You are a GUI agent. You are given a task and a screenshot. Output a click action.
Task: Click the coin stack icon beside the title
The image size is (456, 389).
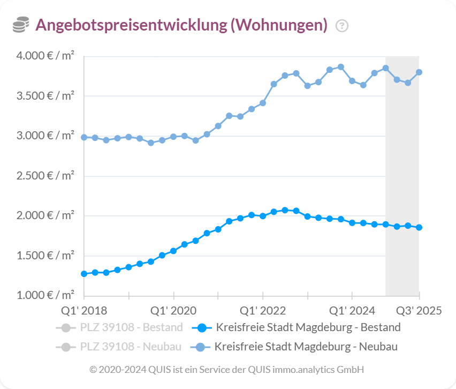click(21, 25)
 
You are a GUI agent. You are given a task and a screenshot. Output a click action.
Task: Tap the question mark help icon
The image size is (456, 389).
click(341, 26)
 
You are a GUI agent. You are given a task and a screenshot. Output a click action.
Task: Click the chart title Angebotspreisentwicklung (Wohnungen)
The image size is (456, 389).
click(181, 25)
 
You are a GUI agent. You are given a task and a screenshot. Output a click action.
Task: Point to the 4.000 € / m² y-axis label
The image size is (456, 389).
click(45, 56)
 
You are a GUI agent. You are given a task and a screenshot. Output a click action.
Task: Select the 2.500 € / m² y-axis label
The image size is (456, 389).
click(45, 175)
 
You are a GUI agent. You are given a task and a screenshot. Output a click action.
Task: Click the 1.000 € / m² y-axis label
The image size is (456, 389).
click(45, 295)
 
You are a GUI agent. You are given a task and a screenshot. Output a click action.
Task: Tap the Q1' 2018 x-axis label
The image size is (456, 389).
click(84, 311)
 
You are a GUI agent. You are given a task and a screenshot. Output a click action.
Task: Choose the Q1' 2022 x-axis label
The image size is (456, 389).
click(263, 311)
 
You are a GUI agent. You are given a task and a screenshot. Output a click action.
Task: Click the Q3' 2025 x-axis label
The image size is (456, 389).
click(419, 311)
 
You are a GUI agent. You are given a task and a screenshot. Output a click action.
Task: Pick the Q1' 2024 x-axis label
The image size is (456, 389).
click(352, 311)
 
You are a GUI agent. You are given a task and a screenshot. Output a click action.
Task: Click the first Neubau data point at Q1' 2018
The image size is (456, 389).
click(84, 137)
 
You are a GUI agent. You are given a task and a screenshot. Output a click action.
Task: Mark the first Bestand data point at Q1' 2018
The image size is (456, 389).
click(84, 274)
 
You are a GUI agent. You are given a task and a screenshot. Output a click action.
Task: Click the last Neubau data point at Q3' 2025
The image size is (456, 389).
click(419, 72)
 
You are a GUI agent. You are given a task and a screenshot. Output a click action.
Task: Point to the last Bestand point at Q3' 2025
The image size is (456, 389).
click(419, 227)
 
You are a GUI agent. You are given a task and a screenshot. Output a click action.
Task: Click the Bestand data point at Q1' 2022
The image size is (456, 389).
click(263, 216)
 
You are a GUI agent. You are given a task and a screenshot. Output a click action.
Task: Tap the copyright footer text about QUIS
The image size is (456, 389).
click(227, 370)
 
